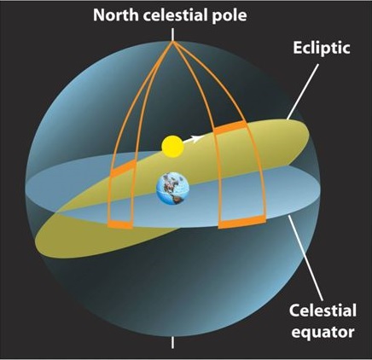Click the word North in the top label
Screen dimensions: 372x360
tap(116, 15)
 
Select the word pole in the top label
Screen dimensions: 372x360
tap(230, 16)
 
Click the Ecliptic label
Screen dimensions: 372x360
tap(321, 48)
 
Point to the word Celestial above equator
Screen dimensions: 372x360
tap(323, 311)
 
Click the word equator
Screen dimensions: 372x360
tap(323, 332)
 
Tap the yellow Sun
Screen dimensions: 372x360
tap(172, 147)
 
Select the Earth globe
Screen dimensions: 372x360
tap(172, 189)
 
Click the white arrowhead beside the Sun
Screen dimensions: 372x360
tap(196, 139)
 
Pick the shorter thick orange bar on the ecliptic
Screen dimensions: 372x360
tap(124, 169)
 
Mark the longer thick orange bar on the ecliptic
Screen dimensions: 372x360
tap(230, 127)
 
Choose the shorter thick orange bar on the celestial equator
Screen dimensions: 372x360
tap(120, 224)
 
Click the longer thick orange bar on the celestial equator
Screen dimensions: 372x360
tap(242, 222)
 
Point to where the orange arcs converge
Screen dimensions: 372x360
tap(172, 43)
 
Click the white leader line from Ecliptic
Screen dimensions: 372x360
tap(303, 91)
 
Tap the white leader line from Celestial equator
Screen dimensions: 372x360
tap(305, 258)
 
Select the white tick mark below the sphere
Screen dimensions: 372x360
tap(172, 343)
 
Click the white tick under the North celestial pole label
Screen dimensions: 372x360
tap(172, 34)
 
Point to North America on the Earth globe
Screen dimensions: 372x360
tap(170, 182)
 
